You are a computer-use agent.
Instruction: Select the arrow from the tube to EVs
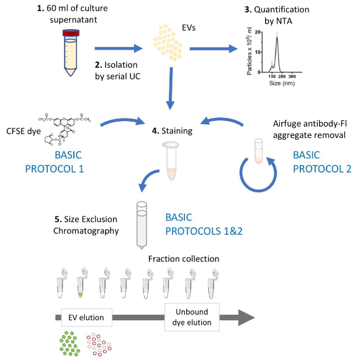pyautogui.click(x=119, y=47)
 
